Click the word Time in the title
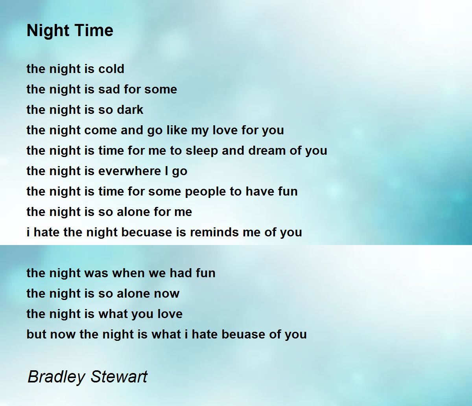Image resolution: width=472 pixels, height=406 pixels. [96, 30]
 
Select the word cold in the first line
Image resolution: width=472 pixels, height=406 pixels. [111, 69]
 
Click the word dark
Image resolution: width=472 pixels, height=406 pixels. [130, 110]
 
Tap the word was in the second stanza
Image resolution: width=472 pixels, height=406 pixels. [97, 273]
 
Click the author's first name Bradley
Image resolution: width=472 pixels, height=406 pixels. [57, 377]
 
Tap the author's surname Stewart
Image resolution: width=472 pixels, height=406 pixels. [118, 377]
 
